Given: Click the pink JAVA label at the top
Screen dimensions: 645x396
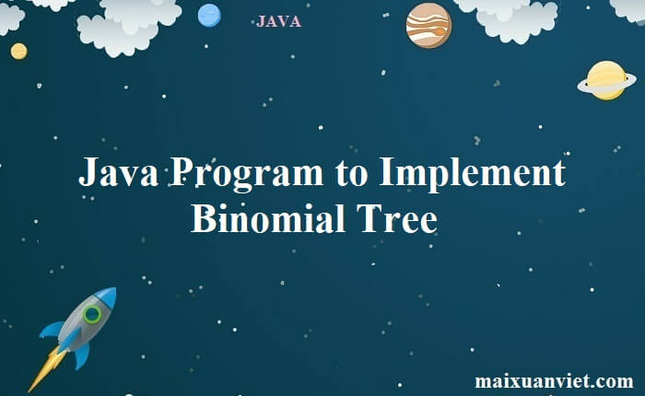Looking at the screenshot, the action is click(x=278, y=21).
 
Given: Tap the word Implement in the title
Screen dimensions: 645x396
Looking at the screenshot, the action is click(x=472, y=174).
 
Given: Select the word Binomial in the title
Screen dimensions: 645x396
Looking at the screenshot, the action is click(x=268, y=219).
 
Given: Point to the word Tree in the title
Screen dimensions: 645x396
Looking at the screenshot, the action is click(x=396, y=219).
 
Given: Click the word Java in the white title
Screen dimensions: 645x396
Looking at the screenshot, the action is click(x=119, y=172).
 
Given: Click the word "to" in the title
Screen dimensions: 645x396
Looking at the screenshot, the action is click(x=351, y=174).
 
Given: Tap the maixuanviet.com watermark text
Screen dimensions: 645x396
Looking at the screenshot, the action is click(x=554, y=380).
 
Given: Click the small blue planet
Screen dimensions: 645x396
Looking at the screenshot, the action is click(x=209, y=16).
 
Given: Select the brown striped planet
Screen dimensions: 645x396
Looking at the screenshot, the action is click(x=428, y=26).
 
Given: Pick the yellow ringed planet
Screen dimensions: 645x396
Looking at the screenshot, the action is click(x=606, y=81).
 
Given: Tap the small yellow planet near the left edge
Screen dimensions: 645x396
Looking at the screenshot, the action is click(x=19, y=52).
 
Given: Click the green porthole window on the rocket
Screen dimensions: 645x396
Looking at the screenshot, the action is click(x=92, y=314).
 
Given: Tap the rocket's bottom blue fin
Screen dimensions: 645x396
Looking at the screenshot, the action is click(x=82, y=355).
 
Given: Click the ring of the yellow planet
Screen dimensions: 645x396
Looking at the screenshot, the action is click(x=583, y=87).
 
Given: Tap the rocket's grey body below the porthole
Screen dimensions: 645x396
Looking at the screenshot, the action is click(x=78, y=334).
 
